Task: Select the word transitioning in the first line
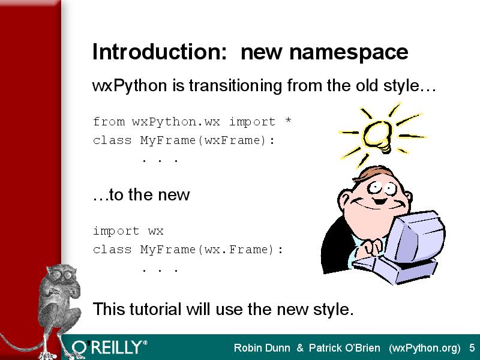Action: [235, 86]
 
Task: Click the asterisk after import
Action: [288, 120]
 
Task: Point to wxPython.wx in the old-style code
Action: [176, 122]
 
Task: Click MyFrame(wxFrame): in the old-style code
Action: [208, 140]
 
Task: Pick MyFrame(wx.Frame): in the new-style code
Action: [212, 250]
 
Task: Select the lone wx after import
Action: [156, 231]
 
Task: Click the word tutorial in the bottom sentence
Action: [155, 308]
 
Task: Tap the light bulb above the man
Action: [377, 136]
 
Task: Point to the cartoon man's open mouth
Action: [380, 202]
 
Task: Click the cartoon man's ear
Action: [344, 200]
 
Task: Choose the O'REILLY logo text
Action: [109, 347]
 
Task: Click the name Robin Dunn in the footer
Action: [262, 348]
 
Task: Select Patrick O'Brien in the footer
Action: [344, 348]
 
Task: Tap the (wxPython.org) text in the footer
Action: [425, 349]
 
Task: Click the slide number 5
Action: [472, 348]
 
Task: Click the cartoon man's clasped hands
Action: [370, 247]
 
